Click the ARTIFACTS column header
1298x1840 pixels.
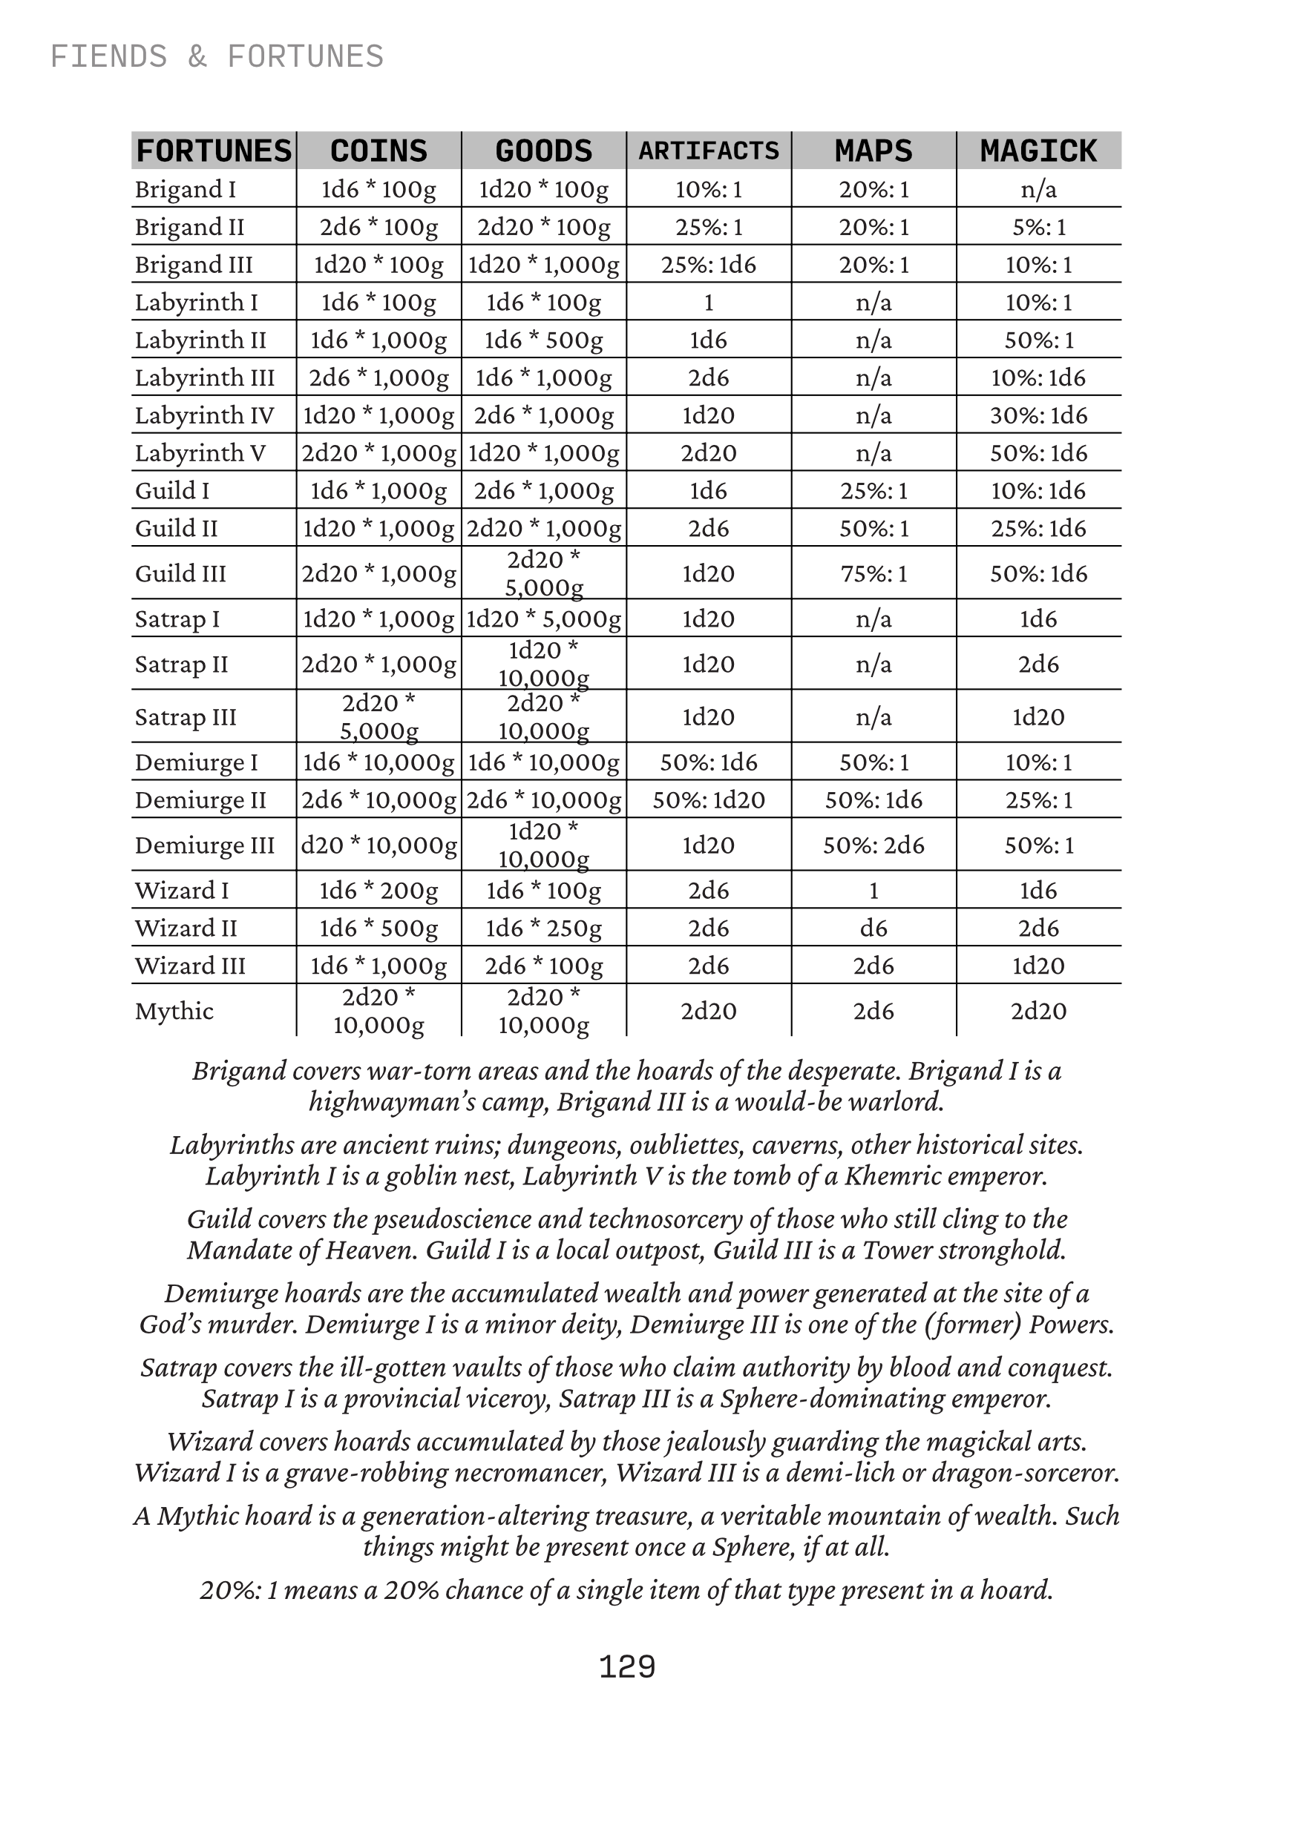tap(709, 151)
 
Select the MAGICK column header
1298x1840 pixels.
tap(1038, 151)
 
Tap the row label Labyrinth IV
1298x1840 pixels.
tap(204, 415)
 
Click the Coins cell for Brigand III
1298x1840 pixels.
tap(378, 265)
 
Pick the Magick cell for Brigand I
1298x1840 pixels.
tap(1038, 189)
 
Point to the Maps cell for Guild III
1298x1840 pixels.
tap(873, 573)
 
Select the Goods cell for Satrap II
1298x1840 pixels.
tap(543, 664)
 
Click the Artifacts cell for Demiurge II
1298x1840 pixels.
tap(709, 799)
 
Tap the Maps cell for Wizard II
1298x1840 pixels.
tap(873, 928)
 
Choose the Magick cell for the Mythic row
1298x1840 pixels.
tap(1038, 1011)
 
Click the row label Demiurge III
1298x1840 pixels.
tap(204, 845)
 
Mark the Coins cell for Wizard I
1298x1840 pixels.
tap(378, 891)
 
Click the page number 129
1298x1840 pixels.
tap(627, 1667)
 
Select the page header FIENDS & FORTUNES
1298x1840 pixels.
tap(217, 57)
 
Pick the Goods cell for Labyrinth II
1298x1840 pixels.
tap(543, 340)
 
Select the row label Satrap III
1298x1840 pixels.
tap(186, 716)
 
